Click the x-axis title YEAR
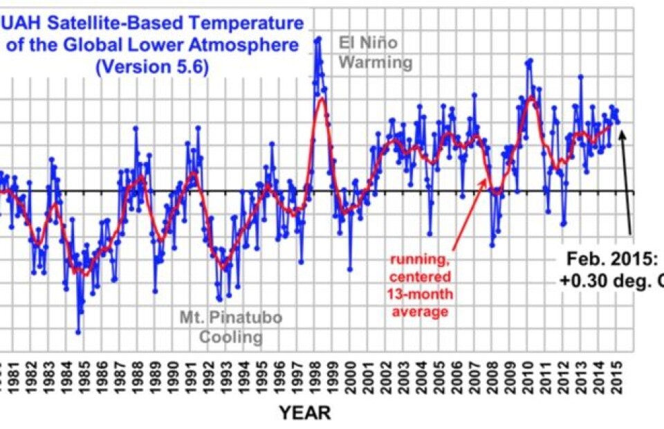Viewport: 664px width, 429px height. click(x=305, y=413)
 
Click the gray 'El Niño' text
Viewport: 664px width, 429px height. click(x=368, y=44)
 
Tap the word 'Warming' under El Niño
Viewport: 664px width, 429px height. click(x=376, y=63)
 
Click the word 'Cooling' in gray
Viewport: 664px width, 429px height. click(x=231, y=338)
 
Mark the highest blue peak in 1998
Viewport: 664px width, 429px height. click(x=318, y=38)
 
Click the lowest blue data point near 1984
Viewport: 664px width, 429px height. click(x=78, y=332)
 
